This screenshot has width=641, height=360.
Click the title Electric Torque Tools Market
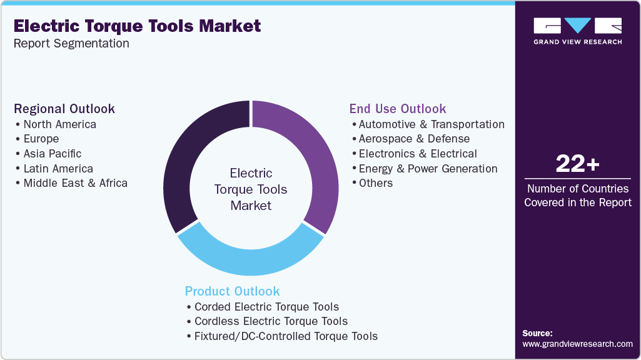point(137,26)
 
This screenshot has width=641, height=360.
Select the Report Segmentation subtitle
point(71,44)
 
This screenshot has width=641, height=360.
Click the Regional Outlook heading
point(64,109)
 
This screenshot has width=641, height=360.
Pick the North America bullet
point(59,124)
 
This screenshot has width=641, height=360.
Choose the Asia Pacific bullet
point(52,154)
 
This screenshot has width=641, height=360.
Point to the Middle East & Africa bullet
point(75,183)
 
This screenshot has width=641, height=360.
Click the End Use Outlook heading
point(398,109)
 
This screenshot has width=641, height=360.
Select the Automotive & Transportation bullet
point(431,124)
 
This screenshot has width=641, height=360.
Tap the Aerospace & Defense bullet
point(414,139)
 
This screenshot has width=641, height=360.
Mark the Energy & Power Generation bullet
point(428,169)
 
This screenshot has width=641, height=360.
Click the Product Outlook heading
point(232,291)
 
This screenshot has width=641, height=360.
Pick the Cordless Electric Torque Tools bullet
point(271,321)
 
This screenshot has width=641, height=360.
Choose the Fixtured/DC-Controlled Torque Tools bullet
point(286,336)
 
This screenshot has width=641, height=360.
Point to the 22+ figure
point(577,164)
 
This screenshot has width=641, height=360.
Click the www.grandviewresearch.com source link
point(577,344)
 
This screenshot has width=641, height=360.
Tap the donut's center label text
point(251,189)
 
